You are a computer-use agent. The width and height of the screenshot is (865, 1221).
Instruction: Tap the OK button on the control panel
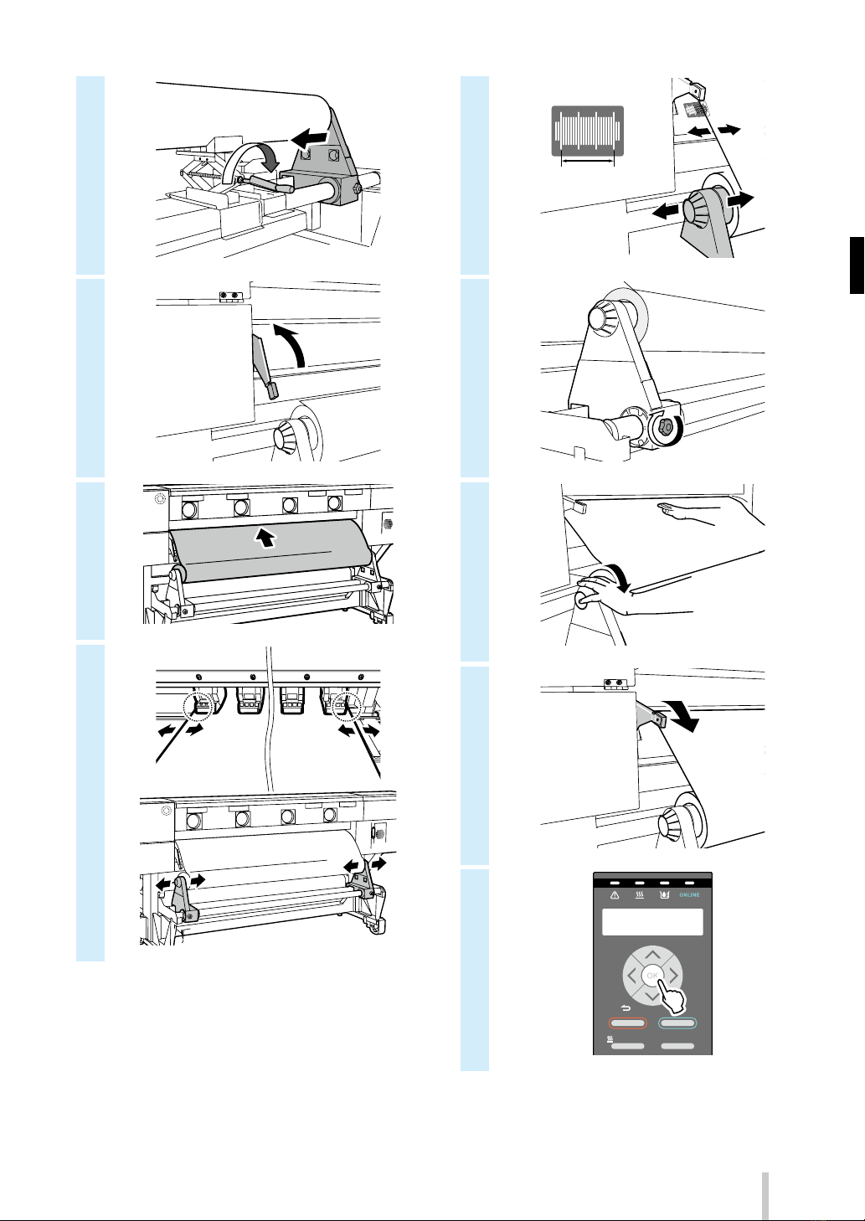(651, 976)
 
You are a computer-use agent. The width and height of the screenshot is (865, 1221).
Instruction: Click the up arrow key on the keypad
(652, 955)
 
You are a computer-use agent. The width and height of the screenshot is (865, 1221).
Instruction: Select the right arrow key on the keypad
(674, 975)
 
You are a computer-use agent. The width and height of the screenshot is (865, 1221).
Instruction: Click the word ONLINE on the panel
(689, 895)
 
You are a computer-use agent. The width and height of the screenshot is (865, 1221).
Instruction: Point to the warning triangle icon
(615, 895)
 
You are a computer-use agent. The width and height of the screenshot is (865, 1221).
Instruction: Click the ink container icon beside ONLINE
(664, 895)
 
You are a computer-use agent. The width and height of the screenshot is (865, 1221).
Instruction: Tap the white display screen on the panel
(652, 922)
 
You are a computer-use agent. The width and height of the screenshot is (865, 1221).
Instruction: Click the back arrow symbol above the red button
(626, 1008)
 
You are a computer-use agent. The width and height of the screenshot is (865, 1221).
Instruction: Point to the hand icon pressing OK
(672, 997)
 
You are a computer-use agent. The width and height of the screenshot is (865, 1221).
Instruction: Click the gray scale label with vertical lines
(588, 131)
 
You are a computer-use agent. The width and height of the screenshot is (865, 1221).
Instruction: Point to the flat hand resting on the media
(687, 513)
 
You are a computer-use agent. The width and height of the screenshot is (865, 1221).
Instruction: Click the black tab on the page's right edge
(857, 265)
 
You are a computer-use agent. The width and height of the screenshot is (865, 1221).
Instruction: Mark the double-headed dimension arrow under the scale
(588, 161)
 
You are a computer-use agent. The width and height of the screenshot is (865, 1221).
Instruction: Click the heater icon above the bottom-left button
(610, 1039)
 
